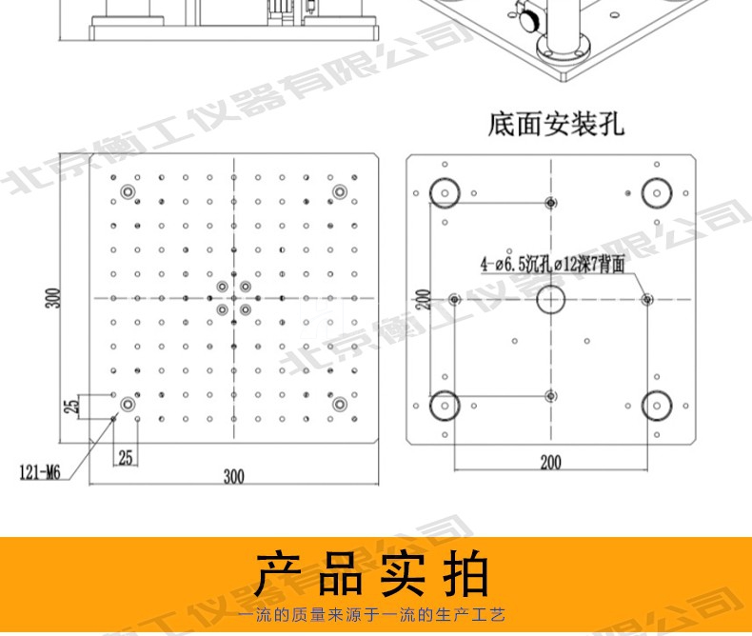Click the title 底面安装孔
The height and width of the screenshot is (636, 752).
[x=556, y=124]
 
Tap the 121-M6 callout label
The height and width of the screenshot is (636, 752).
[x=44, y=470]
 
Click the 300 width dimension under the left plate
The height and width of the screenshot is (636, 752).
[x=234, y=477]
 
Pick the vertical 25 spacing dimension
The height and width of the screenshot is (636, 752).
[x=70, y=407]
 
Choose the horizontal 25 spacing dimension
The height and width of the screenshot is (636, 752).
[x=126, y=457]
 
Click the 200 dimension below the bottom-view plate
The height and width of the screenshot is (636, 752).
[x=550, y=463]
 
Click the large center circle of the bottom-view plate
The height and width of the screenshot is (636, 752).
[x=550, y=300]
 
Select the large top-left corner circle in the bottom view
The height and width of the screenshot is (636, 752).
[x=444, y=191]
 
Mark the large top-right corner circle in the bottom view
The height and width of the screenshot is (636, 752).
[x=655, y=191]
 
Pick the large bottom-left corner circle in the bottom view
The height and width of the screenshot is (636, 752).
[x=444, y=407]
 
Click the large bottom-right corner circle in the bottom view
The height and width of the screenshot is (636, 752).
[x=655, y=407]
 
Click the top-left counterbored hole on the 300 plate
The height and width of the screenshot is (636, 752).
[x=127, y=192]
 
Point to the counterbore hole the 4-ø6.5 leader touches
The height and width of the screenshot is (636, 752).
[x=647, y=299]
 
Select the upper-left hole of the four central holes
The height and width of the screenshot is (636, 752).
[x=222, y=287]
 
